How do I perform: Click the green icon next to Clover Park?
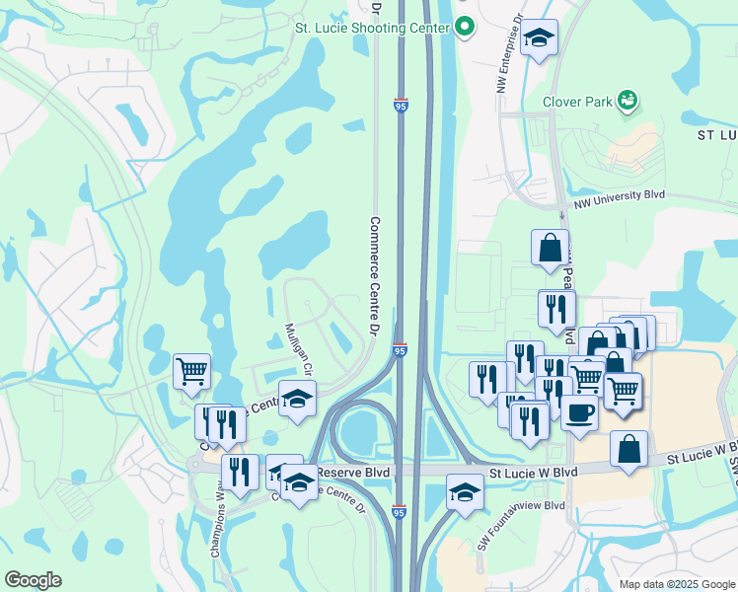pyautogui.click(x=626, y=100)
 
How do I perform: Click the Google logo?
pyautogui.click(x=33, y=580)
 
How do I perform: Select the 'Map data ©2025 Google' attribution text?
pyautogui.click(x=675, y=584)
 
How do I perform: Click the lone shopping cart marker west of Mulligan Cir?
pyautogui.click(x=191, y=372)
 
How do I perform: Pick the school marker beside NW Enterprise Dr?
pyautogui.click(x=539, y=38)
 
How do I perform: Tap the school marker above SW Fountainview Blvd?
pyautogui.click(x=465, y=491)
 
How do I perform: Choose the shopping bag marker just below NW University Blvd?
pyautogui.click(x=550, y=249)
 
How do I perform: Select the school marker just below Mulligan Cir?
pyautogui.click(x=297, y=399)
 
